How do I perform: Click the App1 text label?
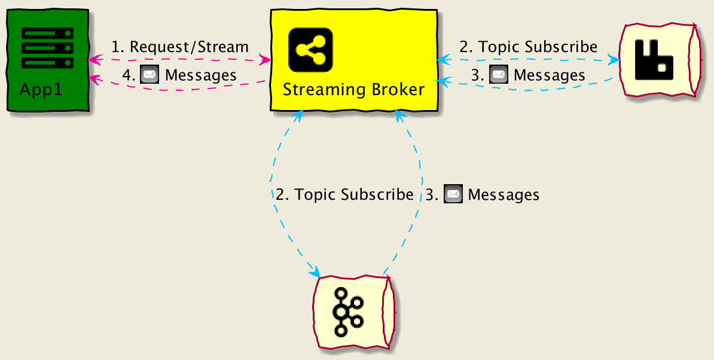pos(41,90)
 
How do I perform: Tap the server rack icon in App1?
pos(47,47)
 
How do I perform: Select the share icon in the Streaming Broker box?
pos(310,49)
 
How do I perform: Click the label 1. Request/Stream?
pos(180,47)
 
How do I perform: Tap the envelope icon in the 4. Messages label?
pos(148,75)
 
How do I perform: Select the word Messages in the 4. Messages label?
pos(201,75)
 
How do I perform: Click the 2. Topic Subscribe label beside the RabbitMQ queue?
pos(528,47)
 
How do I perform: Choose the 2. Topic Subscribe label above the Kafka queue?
pos(344,194)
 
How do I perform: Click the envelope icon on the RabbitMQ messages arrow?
pos(498,75)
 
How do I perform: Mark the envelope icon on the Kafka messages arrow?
pos(453,194)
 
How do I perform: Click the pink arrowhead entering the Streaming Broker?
pos(265,60)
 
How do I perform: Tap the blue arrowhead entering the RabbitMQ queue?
pos(614,60)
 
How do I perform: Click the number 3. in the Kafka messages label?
pos(432,194)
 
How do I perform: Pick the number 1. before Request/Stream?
pos(118,47)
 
